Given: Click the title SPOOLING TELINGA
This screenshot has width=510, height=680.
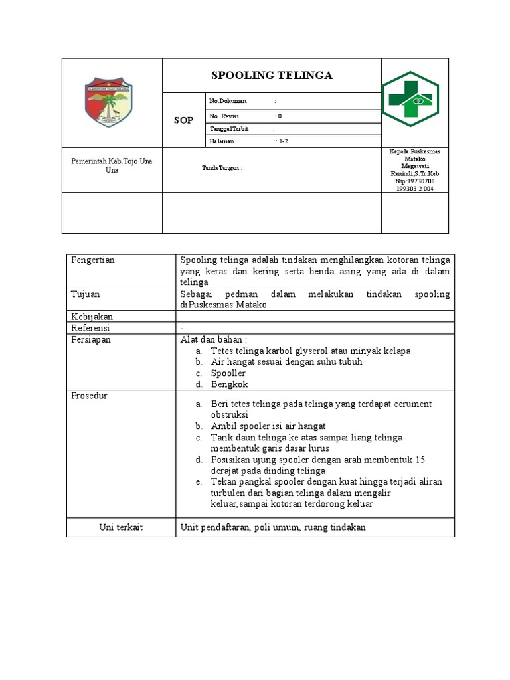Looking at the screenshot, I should [272, 76].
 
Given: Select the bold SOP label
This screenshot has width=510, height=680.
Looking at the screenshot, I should [184, 120].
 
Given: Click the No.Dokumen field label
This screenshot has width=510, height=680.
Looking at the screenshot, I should [228, 101].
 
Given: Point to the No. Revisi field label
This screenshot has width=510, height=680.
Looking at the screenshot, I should [224, 116].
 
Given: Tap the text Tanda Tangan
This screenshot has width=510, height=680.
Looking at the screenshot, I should [222, 168].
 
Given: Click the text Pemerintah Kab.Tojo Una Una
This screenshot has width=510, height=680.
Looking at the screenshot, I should [112, 165].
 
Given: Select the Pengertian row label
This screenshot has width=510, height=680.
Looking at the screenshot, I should [93, 260].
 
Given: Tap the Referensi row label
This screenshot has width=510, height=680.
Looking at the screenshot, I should [90, 328].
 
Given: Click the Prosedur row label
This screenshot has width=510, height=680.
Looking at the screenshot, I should [89, 396].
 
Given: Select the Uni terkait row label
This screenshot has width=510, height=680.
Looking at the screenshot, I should [121, 527].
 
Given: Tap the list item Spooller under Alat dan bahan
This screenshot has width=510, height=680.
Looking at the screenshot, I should [228, 373].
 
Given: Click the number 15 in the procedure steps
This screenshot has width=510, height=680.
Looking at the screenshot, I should [420, 460].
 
